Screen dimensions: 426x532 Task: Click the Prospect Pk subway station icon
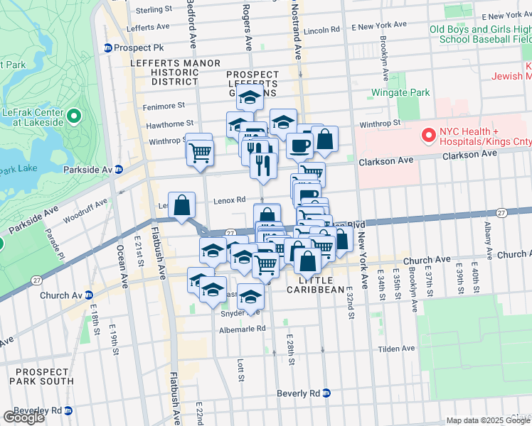pos(108,48)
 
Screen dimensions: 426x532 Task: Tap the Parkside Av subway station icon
pos(119,170)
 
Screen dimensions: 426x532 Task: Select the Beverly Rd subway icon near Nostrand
pos(326,393)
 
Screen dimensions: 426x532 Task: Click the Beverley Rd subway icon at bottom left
pos(68,410)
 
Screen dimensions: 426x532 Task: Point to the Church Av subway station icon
pos(89,295)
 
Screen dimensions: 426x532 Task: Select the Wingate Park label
pos(400,93)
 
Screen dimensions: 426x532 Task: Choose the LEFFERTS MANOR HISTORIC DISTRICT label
pos(176,72)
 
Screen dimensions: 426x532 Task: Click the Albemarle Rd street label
pos(242,329)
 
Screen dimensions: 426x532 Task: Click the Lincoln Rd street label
pos(321,31)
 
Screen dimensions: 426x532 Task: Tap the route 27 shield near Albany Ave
pos(501,212)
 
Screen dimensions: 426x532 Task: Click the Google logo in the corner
pos(23,417)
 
